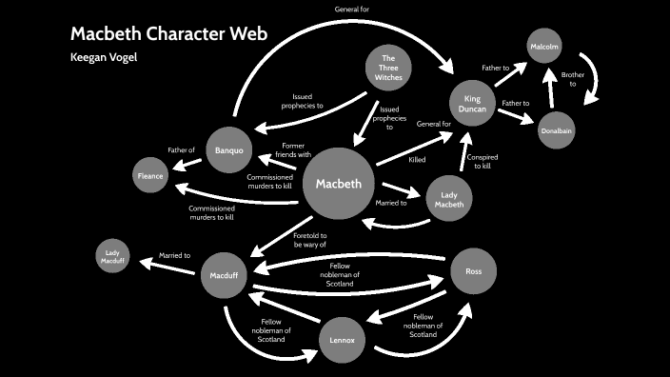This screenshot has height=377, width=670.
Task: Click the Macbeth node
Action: (x=339, y=184)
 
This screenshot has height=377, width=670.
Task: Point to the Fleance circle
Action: (x=150, y=176)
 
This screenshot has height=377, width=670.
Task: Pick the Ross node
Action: (x=473, y=271)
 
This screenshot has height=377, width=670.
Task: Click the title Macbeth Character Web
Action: (x=168, y=35)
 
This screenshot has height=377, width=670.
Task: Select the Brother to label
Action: (x=572, y=78)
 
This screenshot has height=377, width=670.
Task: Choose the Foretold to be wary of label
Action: (x=310, y=240)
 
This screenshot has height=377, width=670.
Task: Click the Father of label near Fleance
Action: (x=181, y=149)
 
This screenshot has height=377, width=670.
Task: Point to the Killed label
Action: (x=417, y=160)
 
